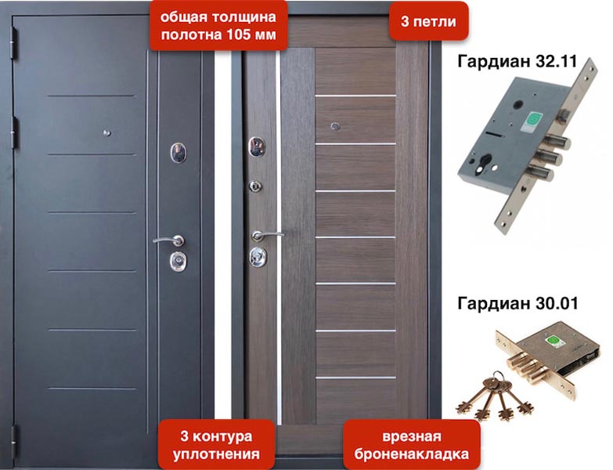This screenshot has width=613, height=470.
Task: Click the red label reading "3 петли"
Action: tap(428, 22)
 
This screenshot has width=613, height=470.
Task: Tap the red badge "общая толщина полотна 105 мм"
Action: tap(218, 26)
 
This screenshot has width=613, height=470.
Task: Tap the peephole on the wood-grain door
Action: tap(336, 125)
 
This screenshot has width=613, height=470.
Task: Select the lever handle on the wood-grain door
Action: tap(266, 234)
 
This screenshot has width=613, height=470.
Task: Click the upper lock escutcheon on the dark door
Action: tap(178, 151)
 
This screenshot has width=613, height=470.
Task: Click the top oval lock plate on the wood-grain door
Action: tap(254, 145)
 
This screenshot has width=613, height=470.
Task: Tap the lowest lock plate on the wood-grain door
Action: tap(256, 255)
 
